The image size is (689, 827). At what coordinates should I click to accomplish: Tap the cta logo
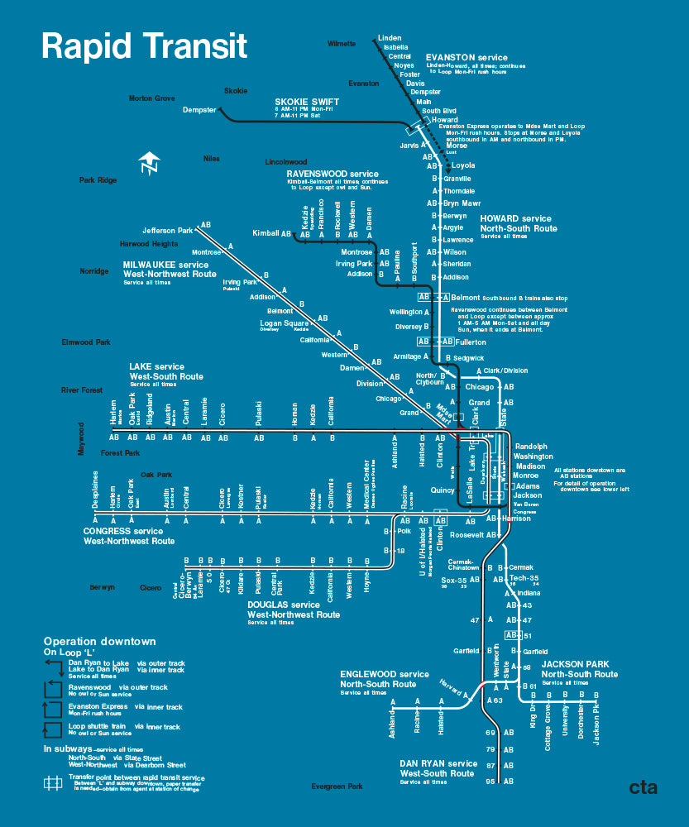click(643, 787)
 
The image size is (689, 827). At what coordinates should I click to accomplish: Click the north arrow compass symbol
click(149, 164)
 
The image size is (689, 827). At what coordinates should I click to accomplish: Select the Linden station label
click(390, 38)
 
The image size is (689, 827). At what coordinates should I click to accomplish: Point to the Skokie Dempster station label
click(199, 110)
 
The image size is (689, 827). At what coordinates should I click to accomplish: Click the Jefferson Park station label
click(167, 231)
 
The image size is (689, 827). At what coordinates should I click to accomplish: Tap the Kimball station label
click(266, 233)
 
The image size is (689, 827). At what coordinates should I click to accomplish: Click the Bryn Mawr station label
click(462, 203)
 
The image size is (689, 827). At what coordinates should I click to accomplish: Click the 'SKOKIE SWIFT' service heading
click(308, 103)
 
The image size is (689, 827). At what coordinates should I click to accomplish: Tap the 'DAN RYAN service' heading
click(438, 763)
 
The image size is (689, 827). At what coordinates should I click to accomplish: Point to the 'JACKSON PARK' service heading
click(576, 664)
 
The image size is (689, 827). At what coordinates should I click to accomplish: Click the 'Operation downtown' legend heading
click(99, 642)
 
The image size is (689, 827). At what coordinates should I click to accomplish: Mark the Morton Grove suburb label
click(151, 98)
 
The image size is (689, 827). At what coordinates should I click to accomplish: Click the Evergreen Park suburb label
click(337, 786)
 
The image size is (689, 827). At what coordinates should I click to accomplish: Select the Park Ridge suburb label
click(98, 180)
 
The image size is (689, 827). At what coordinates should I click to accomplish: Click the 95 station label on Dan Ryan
click(490, 782)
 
